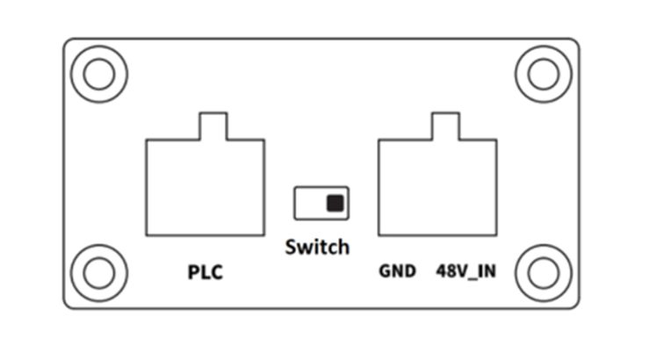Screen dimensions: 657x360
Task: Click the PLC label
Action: (206, 272)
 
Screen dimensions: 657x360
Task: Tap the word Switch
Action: (317, 247)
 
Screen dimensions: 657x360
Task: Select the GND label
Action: (397, 271)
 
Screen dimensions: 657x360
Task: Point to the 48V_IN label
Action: (466, 271)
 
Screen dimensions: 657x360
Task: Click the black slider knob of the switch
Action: (336, 203)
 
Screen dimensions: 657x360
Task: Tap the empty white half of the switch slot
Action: (310, 203)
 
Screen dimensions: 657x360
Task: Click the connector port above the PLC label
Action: (206, 187)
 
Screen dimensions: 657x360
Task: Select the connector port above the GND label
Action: (438, 187)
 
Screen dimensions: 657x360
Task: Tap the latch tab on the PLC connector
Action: (213, 126)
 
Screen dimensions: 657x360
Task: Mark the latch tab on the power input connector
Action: (446, 126)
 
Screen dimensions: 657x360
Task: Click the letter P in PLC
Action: (193, 272)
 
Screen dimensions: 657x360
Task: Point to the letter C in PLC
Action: (217, 272)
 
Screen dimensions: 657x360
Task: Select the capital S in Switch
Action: (291, 247)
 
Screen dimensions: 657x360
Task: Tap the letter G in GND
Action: (385, 271)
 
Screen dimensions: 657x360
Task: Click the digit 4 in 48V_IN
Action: (442, 270)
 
